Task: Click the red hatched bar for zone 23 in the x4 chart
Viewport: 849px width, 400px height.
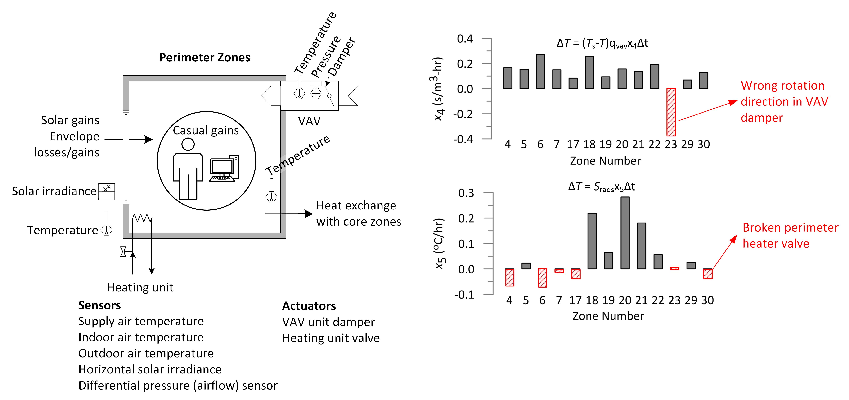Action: click(x=671, y=112)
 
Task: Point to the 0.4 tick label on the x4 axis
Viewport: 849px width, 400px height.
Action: click(x=465, y=39)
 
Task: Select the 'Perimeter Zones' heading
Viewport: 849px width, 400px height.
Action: click(x=204, y=57)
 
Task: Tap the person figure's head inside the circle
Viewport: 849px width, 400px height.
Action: click(x=188, y=144)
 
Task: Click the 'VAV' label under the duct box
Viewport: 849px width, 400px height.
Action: click(x=309, y=121)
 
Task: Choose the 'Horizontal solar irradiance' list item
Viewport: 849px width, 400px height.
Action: click(x=150, y=369)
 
